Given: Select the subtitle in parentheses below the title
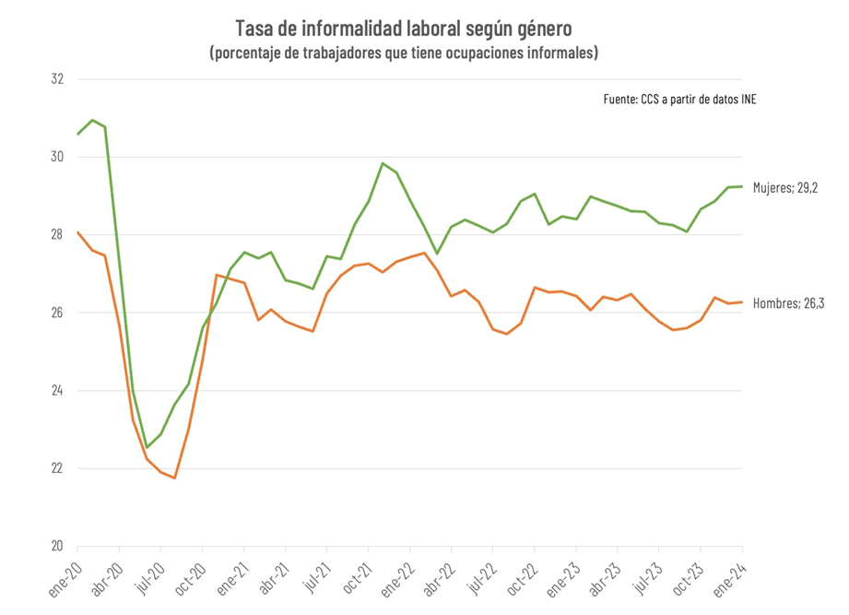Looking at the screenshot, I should click(x=404, y=53).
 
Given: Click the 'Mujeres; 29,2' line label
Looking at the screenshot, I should click(x=784, y=187).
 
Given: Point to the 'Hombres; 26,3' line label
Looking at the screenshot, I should click(x=787, y=302).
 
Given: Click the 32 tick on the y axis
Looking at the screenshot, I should click(x=58, y=79).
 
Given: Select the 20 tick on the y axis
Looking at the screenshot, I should click(x=58, y=546).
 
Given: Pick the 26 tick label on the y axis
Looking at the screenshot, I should click(x=58, y=313).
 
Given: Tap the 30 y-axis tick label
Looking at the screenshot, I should click(x=58, y=157).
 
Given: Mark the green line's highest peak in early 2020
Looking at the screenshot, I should click(x=92, y=120).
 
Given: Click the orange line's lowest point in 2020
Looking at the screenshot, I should click(x=174, y=478).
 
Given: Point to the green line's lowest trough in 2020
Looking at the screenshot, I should click(x=147, y=448).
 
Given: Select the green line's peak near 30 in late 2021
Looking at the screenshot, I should click(x=383, y=163).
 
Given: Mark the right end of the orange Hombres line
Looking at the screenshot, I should click(x=742, y=302).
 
